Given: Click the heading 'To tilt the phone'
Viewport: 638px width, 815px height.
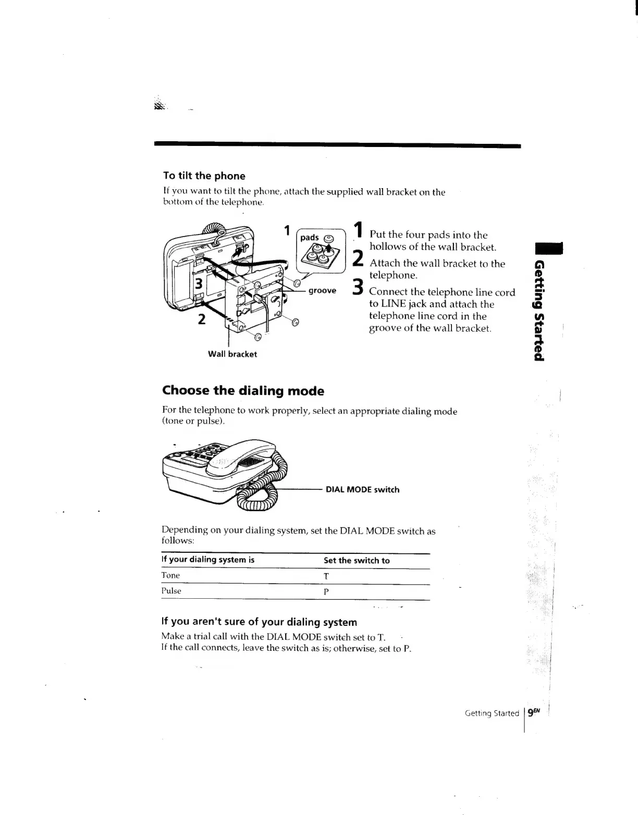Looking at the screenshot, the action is click(204, 176).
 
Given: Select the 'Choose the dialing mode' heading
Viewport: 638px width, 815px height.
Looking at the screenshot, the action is click(243, 391).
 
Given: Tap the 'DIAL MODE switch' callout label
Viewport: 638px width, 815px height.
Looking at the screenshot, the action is click(362, 490).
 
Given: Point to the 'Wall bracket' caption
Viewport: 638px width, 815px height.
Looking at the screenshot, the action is click(232, 354).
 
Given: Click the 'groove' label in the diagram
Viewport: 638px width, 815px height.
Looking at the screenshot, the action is click(322, 291).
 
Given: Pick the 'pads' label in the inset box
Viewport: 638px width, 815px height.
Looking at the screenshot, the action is click(310, 238).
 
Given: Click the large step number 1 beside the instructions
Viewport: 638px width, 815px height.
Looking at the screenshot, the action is click(358, 232).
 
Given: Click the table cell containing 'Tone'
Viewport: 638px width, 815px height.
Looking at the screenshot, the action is click(171, 575).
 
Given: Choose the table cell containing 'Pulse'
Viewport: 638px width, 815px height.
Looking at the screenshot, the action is click(171, 591).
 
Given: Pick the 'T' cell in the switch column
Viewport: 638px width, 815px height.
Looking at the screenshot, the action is click(326, 576).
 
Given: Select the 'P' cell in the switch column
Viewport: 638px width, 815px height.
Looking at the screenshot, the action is click(326, 592).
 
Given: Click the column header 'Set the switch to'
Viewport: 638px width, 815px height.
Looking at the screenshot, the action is click(357, 561).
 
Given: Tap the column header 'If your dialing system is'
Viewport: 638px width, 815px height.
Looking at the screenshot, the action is click(208, 560).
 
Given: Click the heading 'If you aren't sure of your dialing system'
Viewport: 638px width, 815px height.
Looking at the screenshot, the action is click(259, 622).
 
